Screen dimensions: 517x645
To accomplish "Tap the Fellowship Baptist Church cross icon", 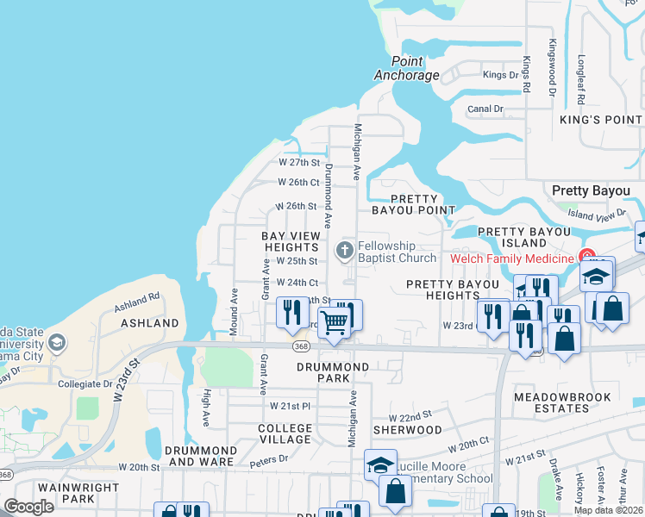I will tap(344, 252).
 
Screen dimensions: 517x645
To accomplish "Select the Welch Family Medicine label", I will tap(512, 258).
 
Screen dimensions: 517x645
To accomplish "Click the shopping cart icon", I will tap(334, 323).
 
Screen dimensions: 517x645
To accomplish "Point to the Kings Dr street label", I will tap(501, 75).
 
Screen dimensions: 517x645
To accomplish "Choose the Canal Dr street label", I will tap(485, 109).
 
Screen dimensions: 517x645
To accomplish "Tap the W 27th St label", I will tap(298, 162).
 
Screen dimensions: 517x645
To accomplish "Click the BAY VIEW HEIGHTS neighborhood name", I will tap(291, 241).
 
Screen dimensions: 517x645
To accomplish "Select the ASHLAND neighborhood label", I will tap(150, 323).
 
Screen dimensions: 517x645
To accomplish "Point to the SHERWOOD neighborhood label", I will tap(407, 429).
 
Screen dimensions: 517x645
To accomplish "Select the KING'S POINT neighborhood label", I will tap(601, 120).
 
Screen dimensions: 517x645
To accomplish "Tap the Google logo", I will tap(28, 508).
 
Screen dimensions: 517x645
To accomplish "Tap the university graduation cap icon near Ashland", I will tap(57, 343).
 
